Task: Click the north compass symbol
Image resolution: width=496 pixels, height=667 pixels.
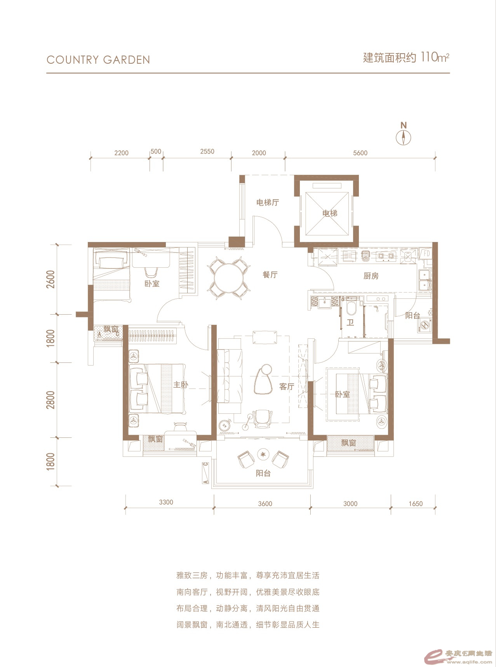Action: pos(404,138)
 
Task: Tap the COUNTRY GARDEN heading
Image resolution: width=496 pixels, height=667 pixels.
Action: pos(98,60)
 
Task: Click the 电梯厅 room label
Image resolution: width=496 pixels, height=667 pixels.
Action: pos(267,202)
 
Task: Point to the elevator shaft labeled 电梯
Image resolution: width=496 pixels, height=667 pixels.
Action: pos(329,213)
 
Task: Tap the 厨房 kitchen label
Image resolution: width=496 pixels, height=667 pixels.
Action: pos(371,276)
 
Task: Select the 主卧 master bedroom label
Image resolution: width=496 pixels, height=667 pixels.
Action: pos(181,385)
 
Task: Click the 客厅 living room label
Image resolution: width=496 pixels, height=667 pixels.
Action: pos(287,387)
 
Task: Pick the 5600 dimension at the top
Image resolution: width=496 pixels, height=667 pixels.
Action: pos(360,153)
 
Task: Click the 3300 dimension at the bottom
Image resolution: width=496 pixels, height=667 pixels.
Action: pos(166,502)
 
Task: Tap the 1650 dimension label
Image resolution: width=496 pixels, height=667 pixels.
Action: pos(415,504)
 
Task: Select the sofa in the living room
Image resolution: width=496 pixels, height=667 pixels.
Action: pos(230,376)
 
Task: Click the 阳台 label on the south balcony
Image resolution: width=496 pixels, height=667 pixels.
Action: pos(263,474)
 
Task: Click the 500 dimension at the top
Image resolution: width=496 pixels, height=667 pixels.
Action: pos(156,152)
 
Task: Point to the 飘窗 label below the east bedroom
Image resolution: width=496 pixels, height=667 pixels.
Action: pos(349,442)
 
